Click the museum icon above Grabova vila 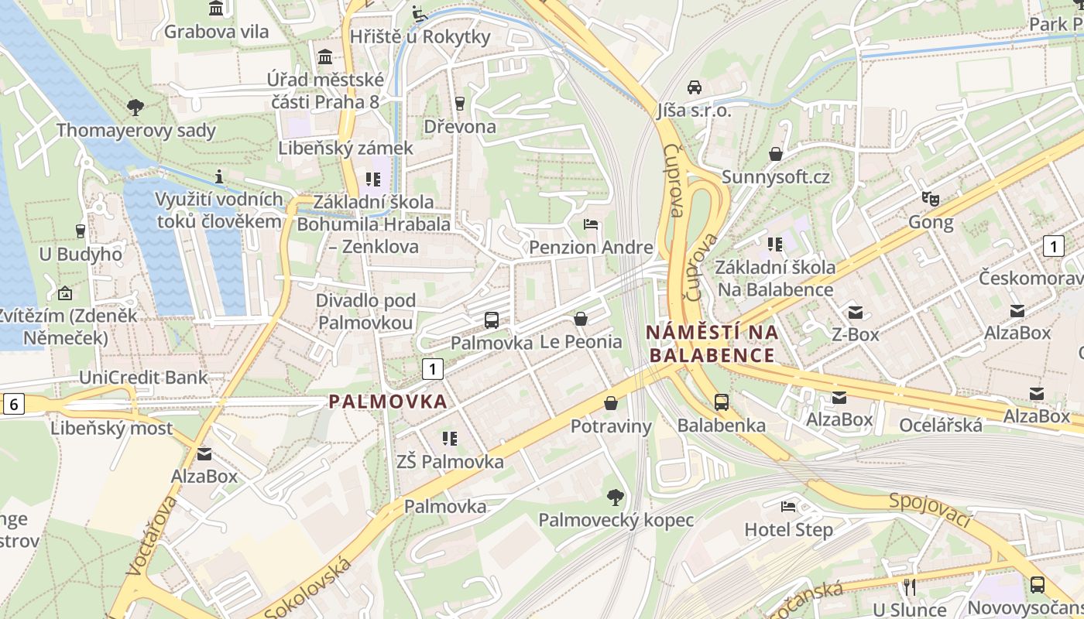pos(216,9)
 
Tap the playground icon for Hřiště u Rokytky pos(419,13)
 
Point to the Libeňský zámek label pos(347,148)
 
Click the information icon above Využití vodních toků pos(220,176)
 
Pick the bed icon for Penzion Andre pos(591,225)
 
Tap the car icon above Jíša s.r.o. pos(695,87)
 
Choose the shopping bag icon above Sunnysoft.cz pos(776,154)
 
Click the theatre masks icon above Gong pos(931,199)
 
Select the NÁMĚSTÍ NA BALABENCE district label pos(712,344)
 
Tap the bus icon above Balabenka pos(721,402)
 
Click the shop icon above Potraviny pos(611,403)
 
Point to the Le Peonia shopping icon pos(581,319)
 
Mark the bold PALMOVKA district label pos(388,402)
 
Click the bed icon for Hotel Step pos(788,508)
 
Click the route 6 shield pos(13,403)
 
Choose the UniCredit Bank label pos(144,378)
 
